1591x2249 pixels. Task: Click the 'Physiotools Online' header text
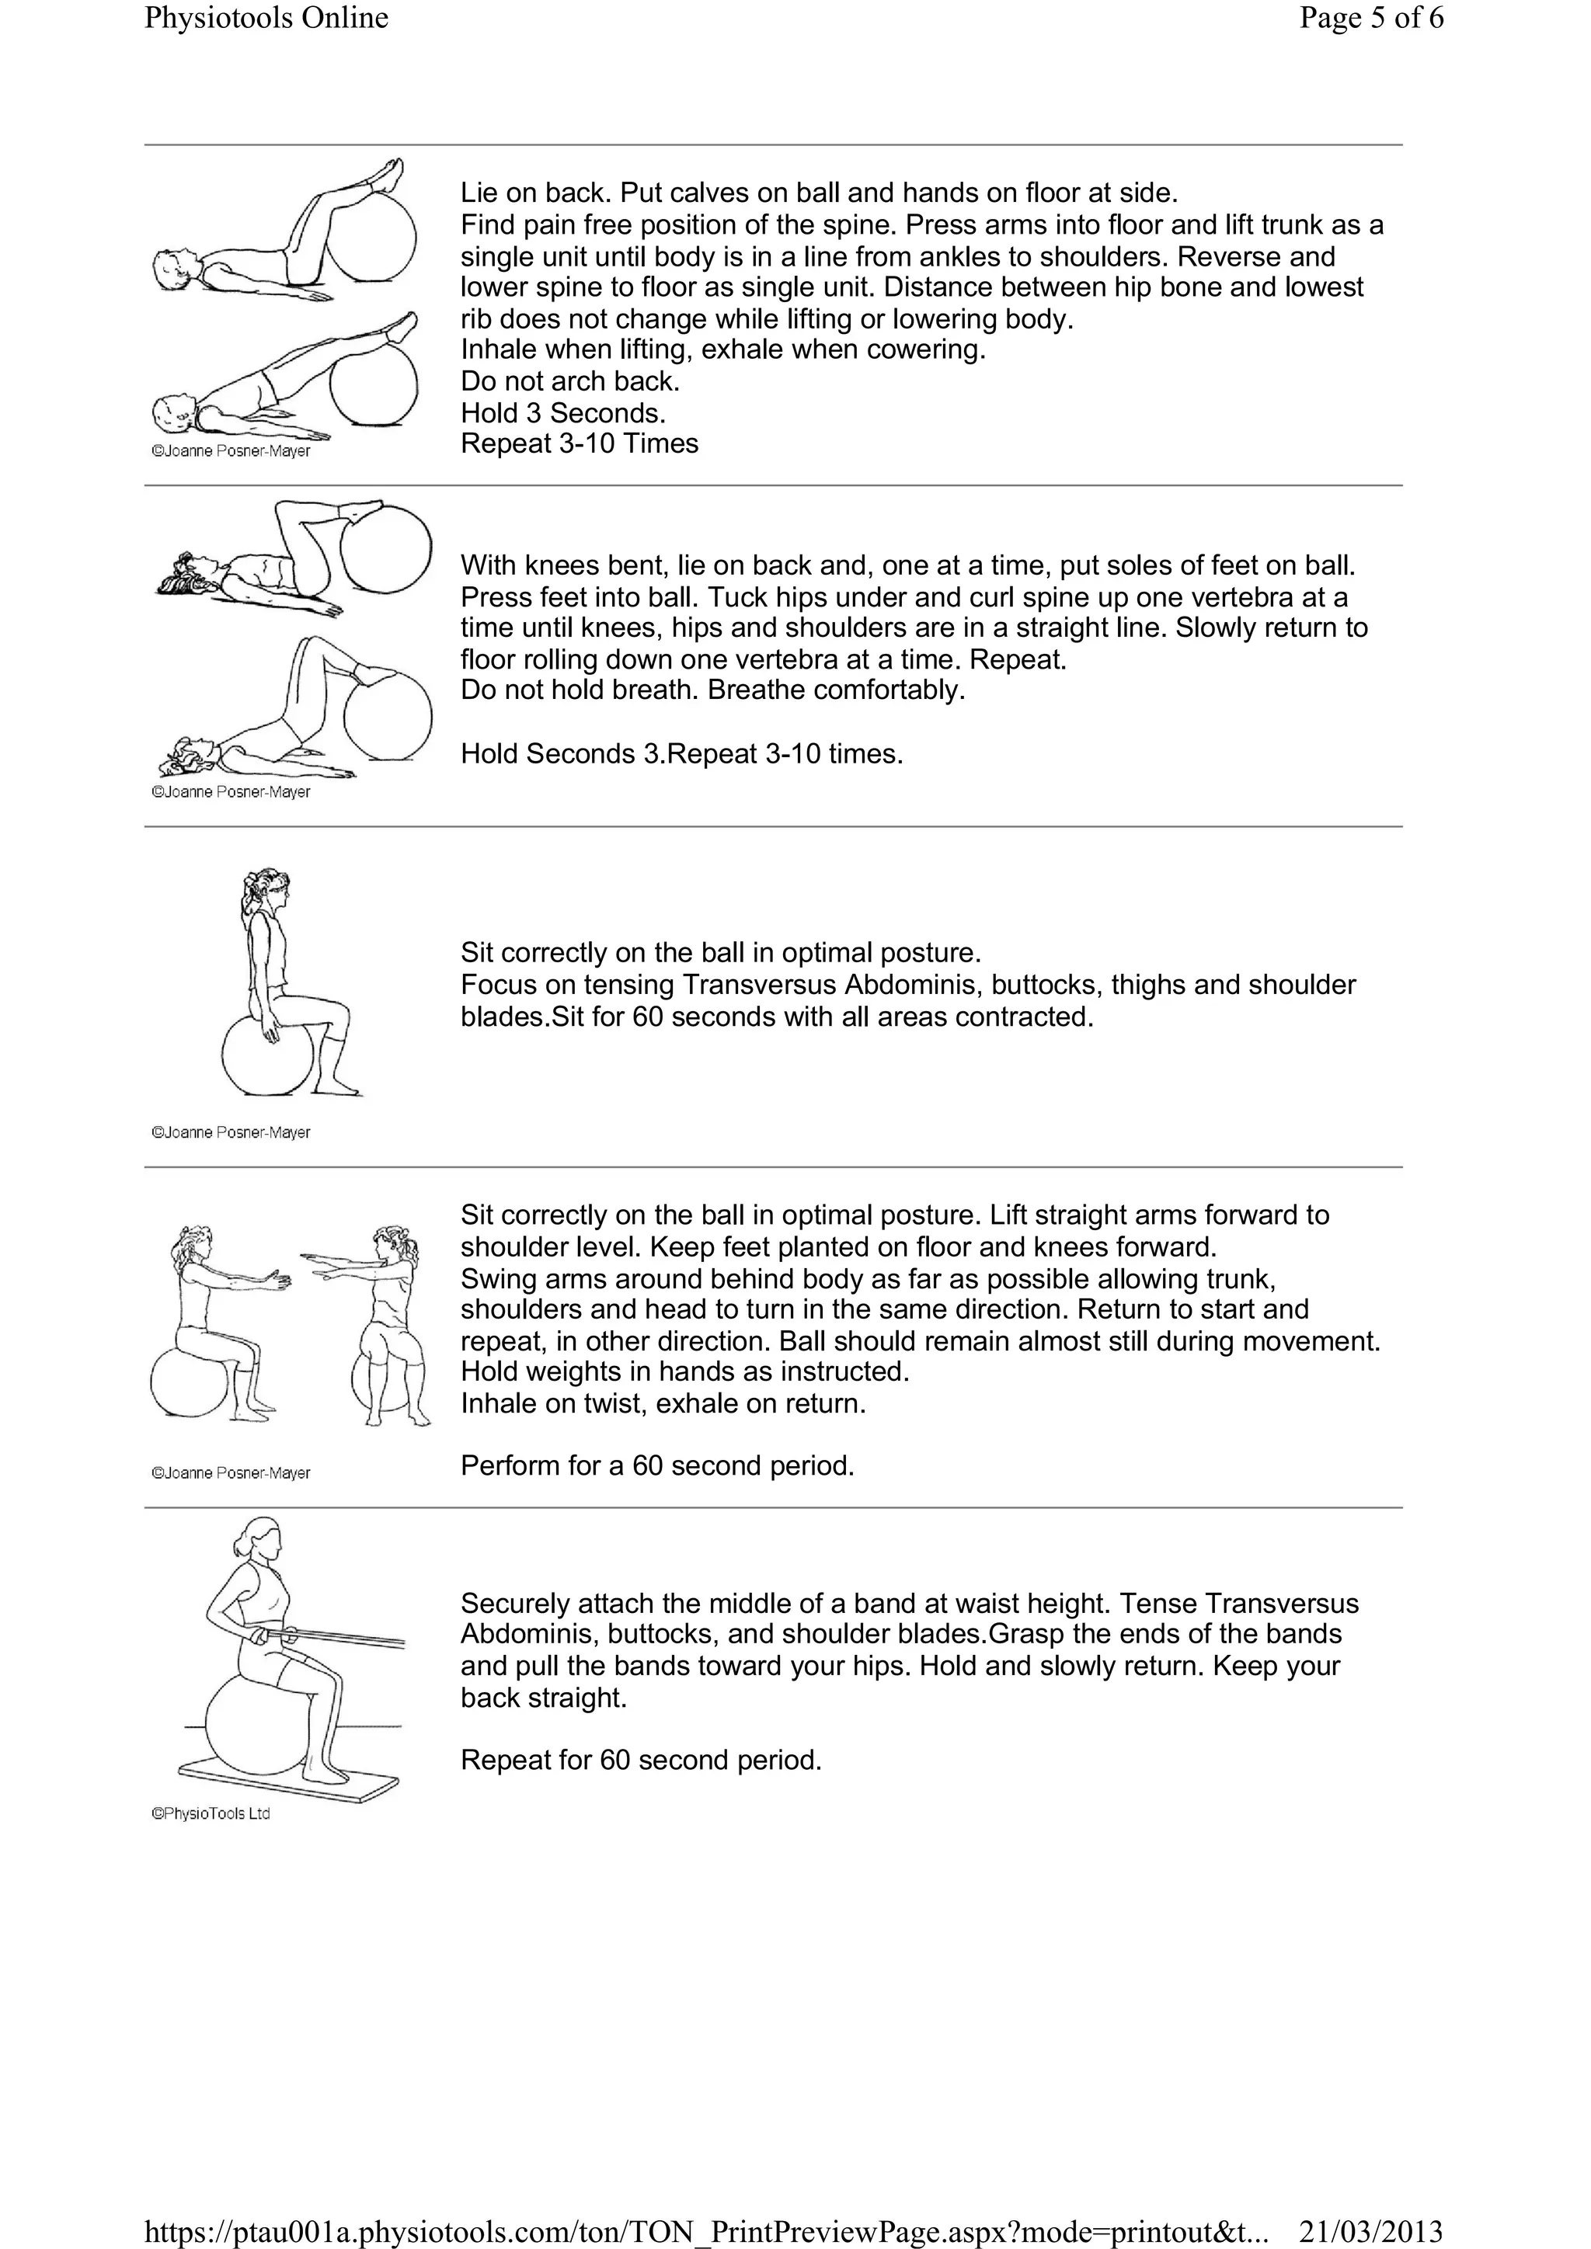point(266,19)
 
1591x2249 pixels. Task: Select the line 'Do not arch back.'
point(570,381)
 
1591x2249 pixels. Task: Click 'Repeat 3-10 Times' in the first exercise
point(579,443)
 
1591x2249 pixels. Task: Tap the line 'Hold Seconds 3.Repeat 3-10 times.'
point(682,754)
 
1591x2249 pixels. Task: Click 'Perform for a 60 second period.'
point(657,1465)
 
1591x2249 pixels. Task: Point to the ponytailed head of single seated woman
point(267,889)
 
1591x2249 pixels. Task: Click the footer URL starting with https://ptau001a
point(705,2230)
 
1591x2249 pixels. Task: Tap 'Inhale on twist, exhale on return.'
point(663,1403)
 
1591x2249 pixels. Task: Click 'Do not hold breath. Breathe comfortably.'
point(712,690)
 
